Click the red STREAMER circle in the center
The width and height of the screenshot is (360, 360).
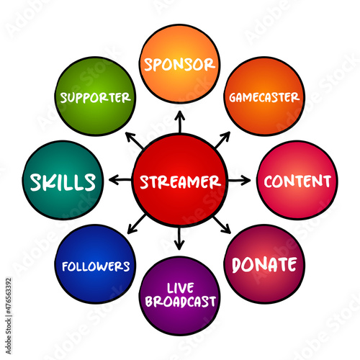coord(180,181)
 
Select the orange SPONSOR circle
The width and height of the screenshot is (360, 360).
coord(179,64)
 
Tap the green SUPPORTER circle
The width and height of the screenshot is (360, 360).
coord(96,96)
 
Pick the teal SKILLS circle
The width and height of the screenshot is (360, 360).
coord(63,181)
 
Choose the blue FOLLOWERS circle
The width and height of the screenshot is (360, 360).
coord(96,264)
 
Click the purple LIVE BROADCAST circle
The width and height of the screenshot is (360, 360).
coord(179,296)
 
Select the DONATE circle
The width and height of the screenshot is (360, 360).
coord(264,264)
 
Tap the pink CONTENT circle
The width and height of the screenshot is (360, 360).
coord(297,181)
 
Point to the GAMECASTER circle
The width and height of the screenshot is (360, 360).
coord(264,96)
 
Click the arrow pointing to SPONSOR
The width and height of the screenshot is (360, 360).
coord(180,122)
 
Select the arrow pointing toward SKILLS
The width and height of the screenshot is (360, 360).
coord(120,180)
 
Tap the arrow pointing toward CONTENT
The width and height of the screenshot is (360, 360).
coord(239,181)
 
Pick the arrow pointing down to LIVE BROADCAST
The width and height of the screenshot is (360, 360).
coord(179,238)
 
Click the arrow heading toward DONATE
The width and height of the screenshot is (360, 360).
coord(222,225)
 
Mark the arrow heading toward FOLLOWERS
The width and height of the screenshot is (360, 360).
coord(136,224)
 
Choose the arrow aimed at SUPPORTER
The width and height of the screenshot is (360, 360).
coord(135,140)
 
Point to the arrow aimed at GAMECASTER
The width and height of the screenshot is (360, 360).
coord(222,140)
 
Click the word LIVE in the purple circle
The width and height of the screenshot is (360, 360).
coord(181,288)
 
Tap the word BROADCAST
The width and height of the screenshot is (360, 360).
coord(180,302)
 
